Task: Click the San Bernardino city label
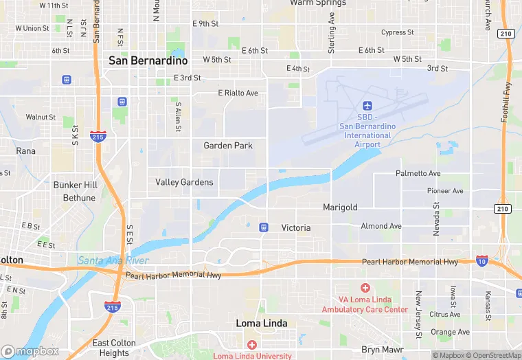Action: click(148, 60)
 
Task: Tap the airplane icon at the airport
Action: click(367, 106)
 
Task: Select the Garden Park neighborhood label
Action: click(228, 146)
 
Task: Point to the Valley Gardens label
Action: click(185, 183)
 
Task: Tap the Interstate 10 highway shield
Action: click(482, 260)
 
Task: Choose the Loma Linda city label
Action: click(262, 323)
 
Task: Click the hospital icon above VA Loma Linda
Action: click(365, 288)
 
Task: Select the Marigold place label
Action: click(340, 207)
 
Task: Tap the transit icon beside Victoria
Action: click(263, 227)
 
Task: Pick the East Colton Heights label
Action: click(114, 348)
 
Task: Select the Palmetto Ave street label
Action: click(418, 174)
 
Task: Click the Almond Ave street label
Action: click(381, 226)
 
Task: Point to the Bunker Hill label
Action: click(76, 185)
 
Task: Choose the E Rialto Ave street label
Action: click(238, 93)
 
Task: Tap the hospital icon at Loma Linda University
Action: click(252, 344)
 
